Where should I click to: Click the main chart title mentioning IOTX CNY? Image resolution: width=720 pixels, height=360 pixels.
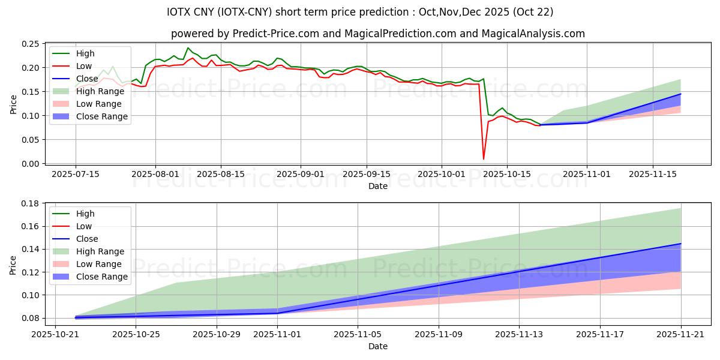(x=360, y=12)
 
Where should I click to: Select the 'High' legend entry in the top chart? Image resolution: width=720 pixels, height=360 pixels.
(x=84, y=53)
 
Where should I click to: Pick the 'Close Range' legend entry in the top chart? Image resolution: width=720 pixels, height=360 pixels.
(x=101, y=116)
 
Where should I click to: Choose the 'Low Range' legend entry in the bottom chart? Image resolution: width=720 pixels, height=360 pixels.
(x=100, y=264)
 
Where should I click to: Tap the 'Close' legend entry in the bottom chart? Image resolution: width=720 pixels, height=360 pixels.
(x=87, y=239)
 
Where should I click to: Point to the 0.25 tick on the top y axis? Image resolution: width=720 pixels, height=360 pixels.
(x=30, y=44)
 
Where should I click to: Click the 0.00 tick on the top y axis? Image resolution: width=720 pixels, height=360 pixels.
(x=30, y=164)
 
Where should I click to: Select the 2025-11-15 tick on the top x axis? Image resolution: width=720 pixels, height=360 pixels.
(x=653, y=174)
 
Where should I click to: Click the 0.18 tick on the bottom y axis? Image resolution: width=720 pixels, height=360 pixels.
(x=30, y=203)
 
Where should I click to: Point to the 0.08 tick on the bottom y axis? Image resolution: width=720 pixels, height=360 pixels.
(x=30, y=318)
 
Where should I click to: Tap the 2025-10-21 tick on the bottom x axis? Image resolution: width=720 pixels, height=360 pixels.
(x=55, y=334)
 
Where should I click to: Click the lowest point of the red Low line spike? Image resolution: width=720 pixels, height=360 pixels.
(x=484, y=159)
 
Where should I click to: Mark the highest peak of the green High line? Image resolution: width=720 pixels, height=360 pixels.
(x=188, y=48)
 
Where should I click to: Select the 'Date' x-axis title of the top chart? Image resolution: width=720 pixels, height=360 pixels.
(x=378, y=186)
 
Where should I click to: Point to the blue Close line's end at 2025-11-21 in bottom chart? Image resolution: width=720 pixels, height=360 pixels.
(x=680, y=244)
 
